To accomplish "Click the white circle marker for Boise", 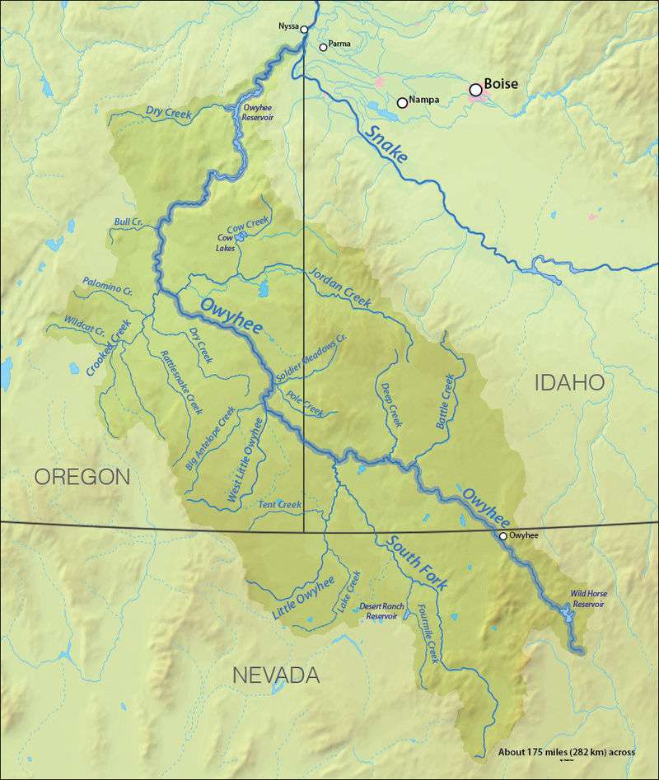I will point(475,89).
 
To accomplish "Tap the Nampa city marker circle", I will point(402,103).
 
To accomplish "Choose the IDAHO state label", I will point(570,382).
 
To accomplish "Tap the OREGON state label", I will point(82,476).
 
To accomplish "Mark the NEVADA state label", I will point(275,675).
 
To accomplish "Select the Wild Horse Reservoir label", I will point(588,599).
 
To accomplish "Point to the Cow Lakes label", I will point(225,243).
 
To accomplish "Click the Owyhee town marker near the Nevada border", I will point(502,536).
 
